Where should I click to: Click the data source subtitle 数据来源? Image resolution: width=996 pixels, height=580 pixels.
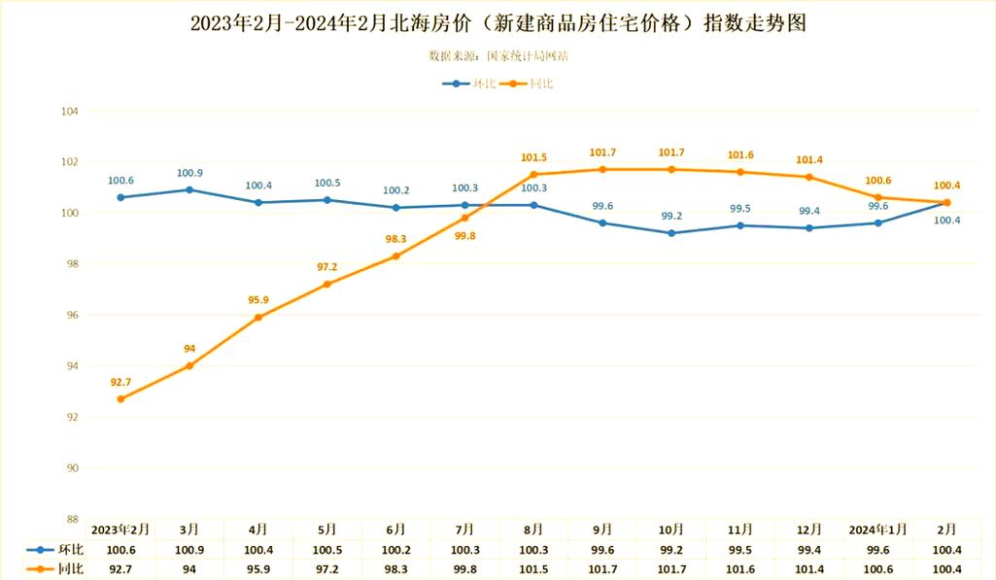point(498,56)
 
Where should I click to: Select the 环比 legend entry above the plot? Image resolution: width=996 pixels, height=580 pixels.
point(470,84)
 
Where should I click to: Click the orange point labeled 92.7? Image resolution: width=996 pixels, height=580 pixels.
point(120,399)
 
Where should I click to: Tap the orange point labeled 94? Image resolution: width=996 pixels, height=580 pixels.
point(189,366)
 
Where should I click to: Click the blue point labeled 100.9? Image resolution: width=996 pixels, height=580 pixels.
point(189,189)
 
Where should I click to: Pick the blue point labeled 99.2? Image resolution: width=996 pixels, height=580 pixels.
point(671,233)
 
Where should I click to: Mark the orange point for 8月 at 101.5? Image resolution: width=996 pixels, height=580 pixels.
point(533,175)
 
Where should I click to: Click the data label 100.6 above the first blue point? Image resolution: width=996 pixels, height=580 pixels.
point(120,180)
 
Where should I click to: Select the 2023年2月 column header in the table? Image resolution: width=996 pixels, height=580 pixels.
point(120,529)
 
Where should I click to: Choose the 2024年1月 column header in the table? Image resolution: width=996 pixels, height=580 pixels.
point(877,529)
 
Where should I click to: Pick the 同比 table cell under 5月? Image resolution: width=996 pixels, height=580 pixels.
point(326,569)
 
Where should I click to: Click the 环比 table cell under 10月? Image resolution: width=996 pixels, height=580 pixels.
point(671,550)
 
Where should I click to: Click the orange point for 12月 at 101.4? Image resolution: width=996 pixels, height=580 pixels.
point(808,177)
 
